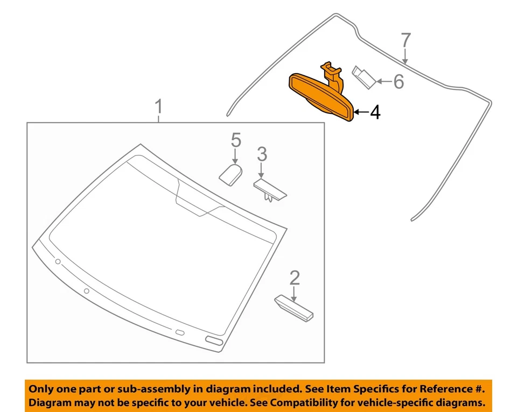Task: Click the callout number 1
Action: coord(158,107)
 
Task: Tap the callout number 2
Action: coord(295,278)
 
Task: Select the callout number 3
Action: coord(261,154)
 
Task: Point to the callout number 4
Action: coord(375,112)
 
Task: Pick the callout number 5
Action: coord(236,140)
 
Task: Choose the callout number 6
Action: coord(398,81)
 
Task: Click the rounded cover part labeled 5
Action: coord(230,174)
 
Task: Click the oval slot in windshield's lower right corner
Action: coord(214,341)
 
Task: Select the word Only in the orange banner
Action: coord(41,388)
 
